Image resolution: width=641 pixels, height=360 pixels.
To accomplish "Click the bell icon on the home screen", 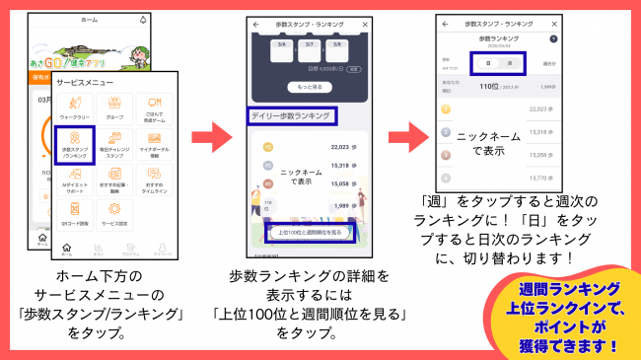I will (x=145, y=20).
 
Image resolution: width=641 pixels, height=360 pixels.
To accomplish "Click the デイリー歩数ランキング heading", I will (x=288, y=116).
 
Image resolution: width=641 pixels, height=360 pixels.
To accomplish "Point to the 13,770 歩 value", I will (x=539, y=178).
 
